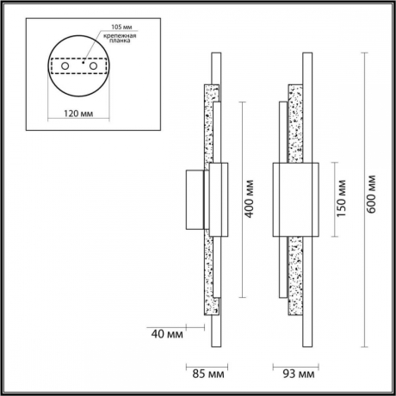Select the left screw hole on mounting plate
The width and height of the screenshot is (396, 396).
[x=65, y=65]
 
